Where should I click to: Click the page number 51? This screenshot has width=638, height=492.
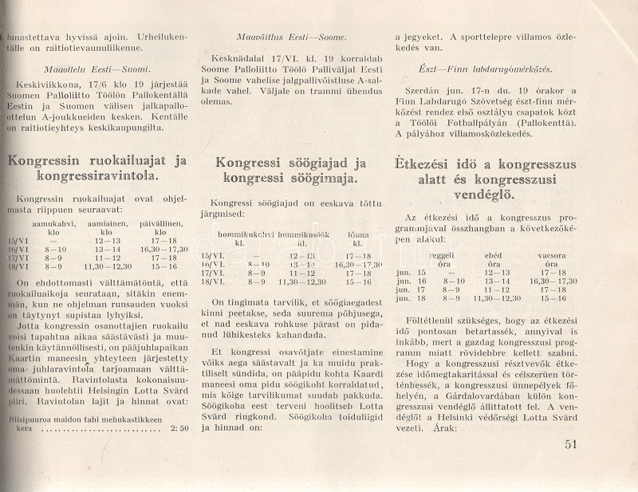tap(569, 445)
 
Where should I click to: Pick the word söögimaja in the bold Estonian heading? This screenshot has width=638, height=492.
tap(311, 179)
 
